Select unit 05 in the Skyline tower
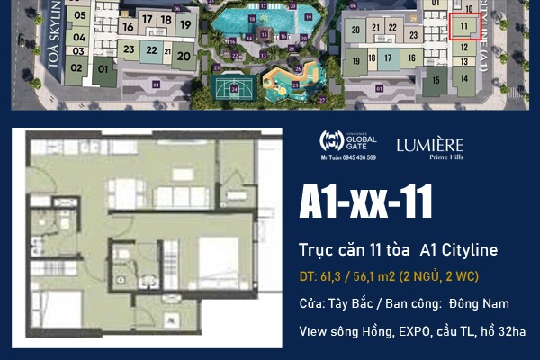pos(79,15)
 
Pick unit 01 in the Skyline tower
pos(103,68)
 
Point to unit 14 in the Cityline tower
pos(464,78)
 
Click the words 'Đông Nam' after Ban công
pos(482,304)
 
